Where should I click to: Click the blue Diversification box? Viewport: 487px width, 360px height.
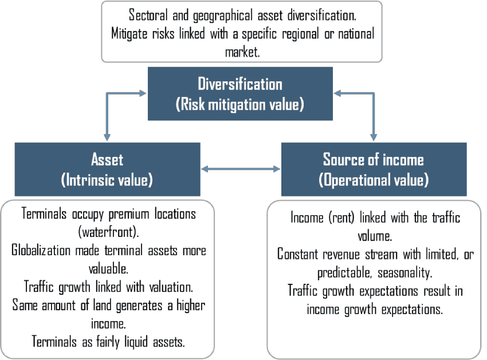240,93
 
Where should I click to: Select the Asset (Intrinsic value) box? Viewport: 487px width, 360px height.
108,169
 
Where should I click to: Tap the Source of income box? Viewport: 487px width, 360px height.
374,169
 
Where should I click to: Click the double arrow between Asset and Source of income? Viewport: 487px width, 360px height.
241,169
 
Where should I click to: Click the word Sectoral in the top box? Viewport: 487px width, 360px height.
148,15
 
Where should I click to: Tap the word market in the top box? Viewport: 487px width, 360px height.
242,52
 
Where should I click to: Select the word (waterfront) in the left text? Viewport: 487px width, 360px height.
108,232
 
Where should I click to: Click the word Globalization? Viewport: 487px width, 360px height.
41,251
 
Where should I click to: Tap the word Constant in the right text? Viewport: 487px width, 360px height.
297,255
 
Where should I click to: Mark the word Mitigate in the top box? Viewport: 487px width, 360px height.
129,34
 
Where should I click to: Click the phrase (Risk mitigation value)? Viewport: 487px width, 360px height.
239,104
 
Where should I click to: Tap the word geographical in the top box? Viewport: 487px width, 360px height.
223,15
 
